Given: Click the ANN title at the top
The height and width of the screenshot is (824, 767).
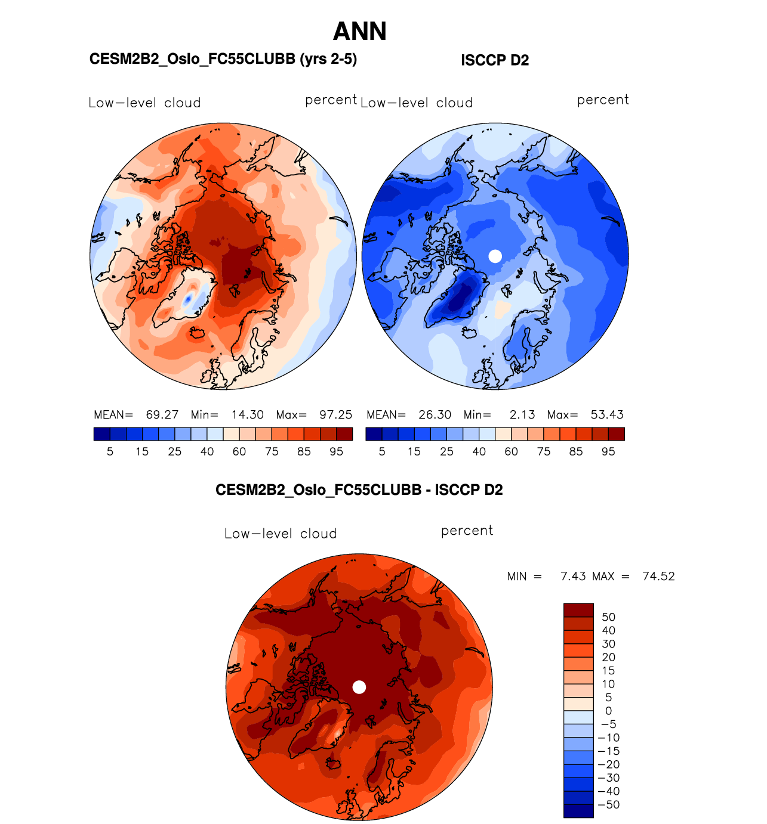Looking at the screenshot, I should coord(360,32).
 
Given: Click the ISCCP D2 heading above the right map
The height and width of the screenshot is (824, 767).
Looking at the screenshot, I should coord(495,60).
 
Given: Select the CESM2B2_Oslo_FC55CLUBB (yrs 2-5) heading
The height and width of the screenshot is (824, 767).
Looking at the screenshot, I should coord(223,59).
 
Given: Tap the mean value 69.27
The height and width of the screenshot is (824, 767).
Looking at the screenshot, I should coord(162,414).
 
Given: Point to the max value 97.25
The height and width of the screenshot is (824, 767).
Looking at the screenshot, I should coord(335,414).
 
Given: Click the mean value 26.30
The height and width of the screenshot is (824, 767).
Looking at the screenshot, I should coord(435,414).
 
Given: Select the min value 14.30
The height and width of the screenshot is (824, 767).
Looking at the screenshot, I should coord(248,414).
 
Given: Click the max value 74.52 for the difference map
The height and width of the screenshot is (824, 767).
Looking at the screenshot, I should coord(658,576).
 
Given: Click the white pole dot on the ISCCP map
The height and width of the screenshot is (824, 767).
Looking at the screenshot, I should coord(495,256).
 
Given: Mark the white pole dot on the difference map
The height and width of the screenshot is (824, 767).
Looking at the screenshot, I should coord(359,687).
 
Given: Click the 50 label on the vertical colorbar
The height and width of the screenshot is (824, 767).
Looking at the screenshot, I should coord(608,617).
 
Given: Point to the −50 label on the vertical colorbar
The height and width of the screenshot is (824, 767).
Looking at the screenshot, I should coord(609,804).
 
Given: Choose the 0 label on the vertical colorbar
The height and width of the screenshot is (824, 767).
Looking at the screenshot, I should coord(608,711).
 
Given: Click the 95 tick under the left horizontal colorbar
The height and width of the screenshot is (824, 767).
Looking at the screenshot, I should coord(336,451).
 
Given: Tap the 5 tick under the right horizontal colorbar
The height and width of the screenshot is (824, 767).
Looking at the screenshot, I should coord(382,451).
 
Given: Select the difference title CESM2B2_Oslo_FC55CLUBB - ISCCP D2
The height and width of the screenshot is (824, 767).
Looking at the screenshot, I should coord(359,490).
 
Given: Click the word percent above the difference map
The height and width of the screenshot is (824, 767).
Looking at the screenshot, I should coord(467,531).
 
